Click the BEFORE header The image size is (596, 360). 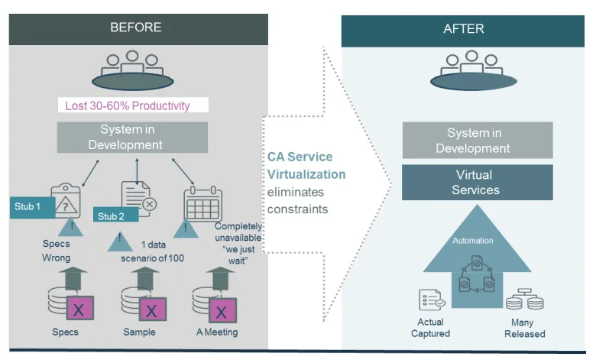click(136, 28)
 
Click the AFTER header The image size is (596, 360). click(463, 30)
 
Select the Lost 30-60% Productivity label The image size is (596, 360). click(133, 105)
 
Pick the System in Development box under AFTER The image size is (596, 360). click(478, 141)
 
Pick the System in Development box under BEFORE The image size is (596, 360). click(132, 137)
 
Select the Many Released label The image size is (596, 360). click(525, 328)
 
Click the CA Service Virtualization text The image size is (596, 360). click(306, 165)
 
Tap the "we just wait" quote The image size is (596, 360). click(238, 250)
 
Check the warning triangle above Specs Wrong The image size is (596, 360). click(69, 227)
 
